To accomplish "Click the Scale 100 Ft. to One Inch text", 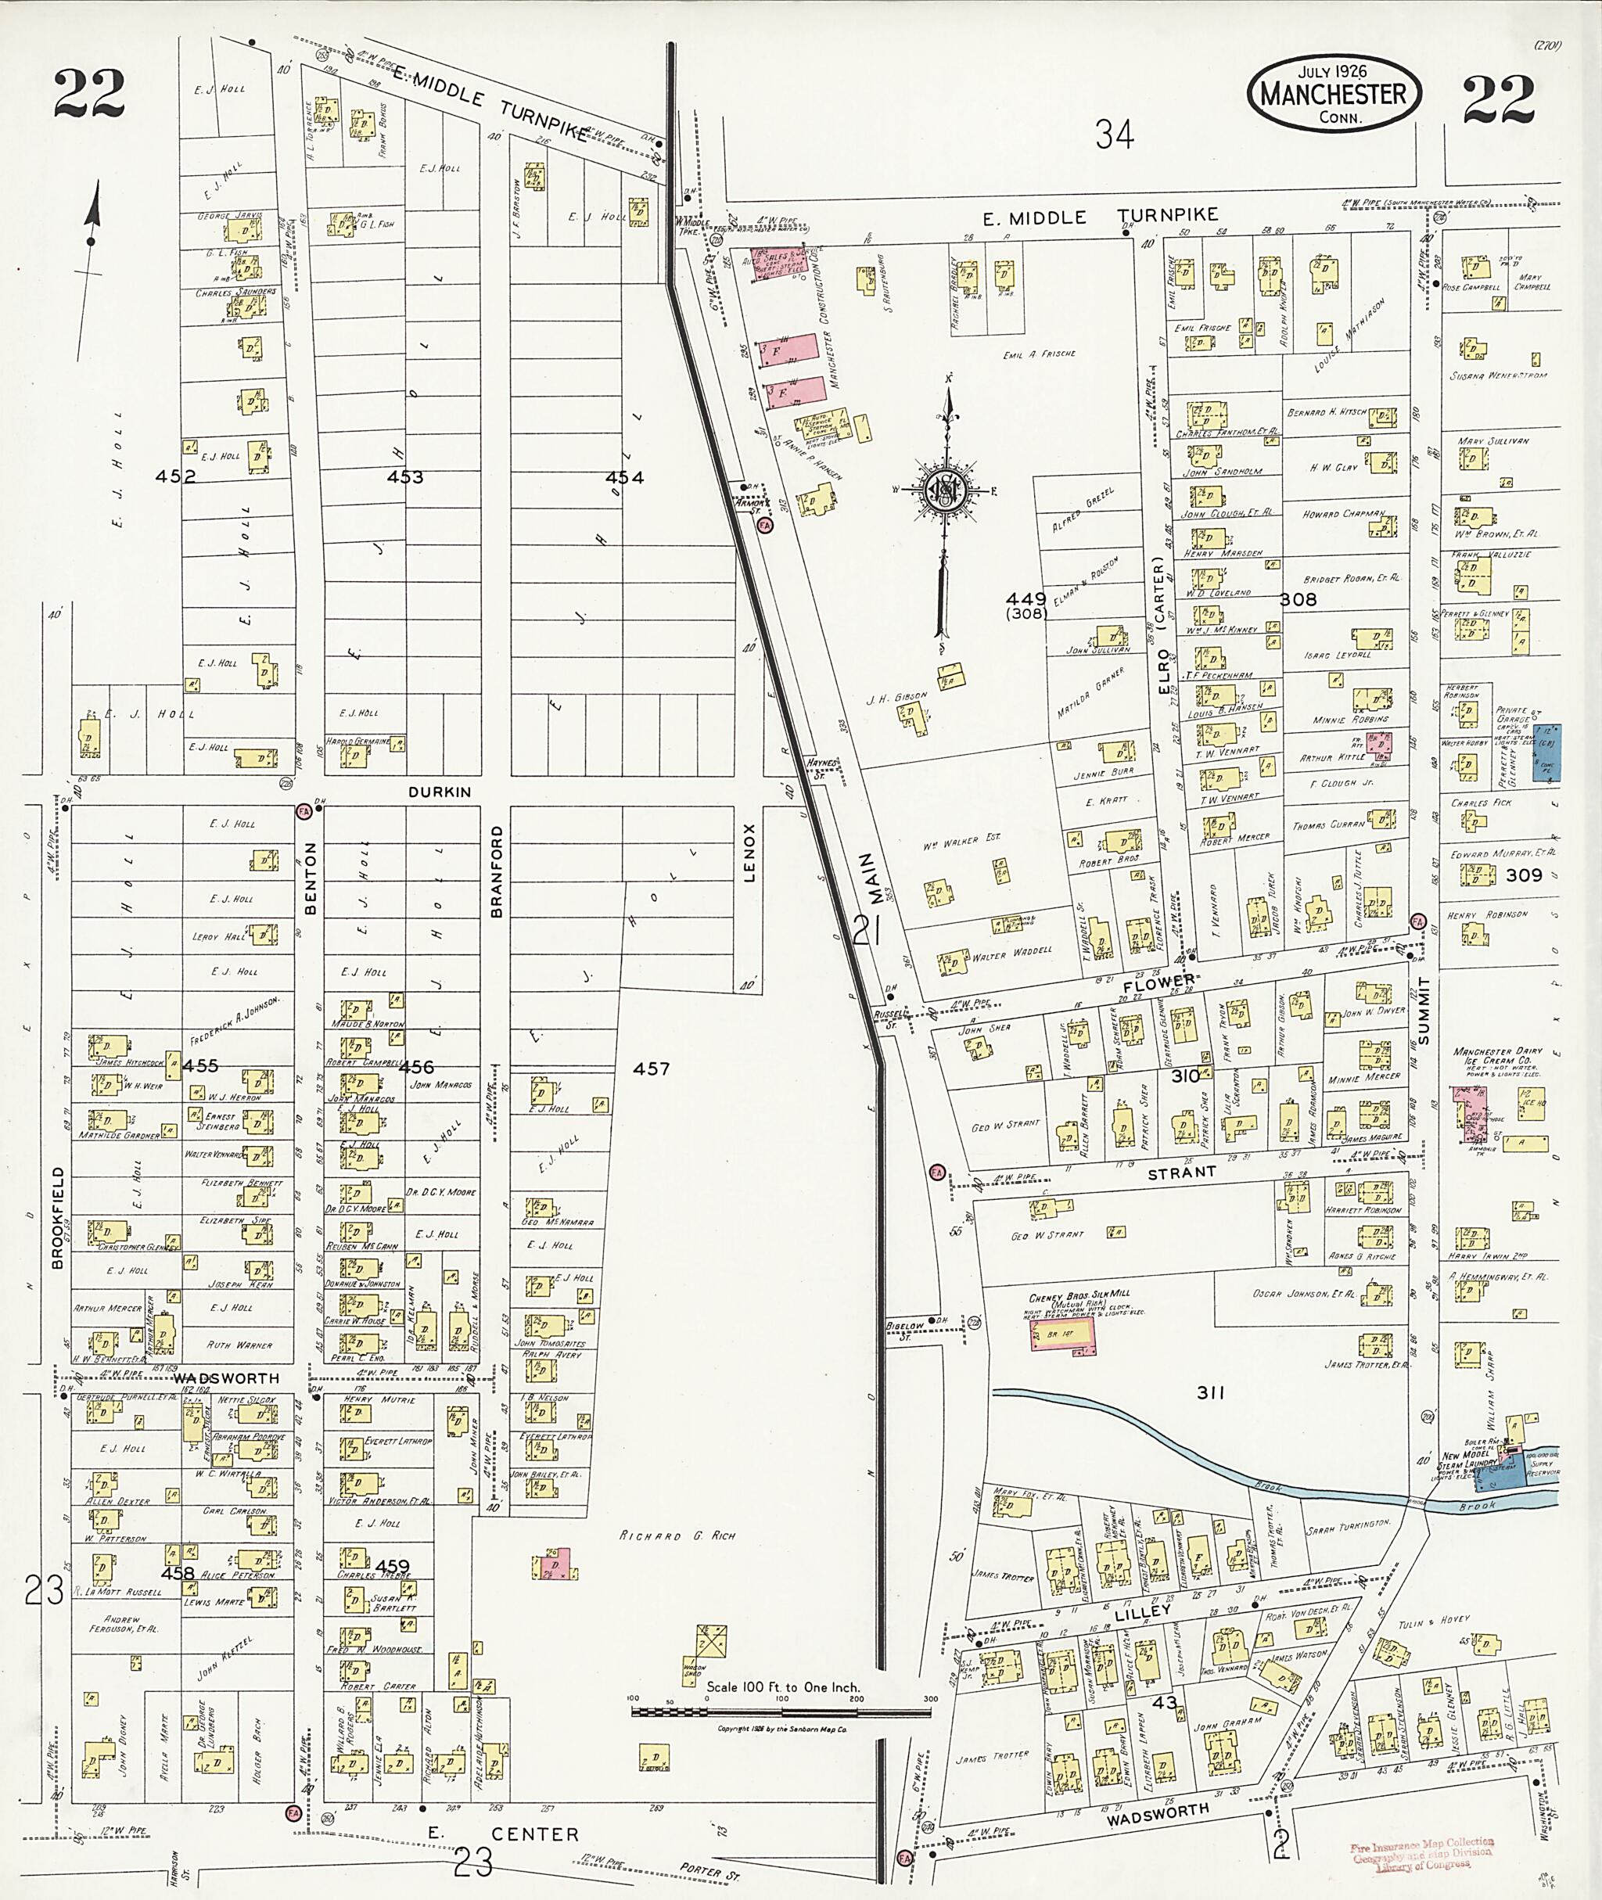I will [783, 1687].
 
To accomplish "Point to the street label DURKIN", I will [440, 792].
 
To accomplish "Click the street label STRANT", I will [1180, 1173].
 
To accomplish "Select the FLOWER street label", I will [1158, 982].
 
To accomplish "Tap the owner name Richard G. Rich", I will [677, 1535].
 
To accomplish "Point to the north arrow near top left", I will [91, 236].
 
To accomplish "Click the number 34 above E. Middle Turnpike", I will [1115, 135].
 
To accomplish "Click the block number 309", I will [1524, 875].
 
